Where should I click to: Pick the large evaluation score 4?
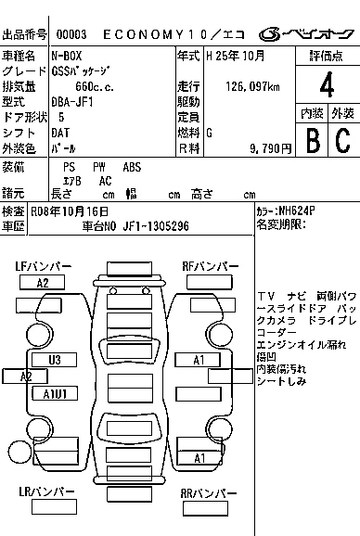coord(326,87)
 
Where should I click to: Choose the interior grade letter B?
coord(313,140)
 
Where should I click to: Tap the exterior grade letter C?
coord(342,140)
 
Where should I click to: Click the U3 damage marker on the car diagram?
coord(55,359)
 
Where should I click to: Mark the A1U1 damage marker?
coord(55,393)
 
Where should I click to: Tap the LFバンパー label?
coord(43,267)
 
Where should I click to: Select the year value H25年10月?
coord(236,57)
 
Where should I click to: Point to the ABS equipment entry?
coord(133,168)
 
